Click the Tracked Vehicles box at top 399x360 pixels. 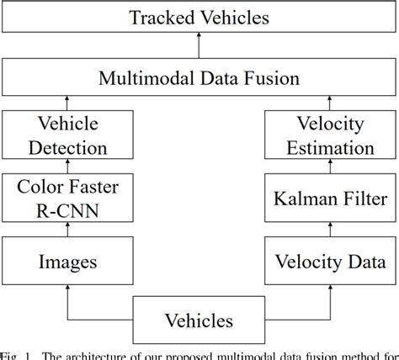click(199, 18)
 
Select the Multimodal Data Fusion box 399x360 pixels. click(199, 81)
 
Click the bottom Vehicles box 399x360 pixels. click(199, 320)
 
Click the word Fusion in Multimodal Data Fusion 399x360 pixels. click(290, 81)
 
